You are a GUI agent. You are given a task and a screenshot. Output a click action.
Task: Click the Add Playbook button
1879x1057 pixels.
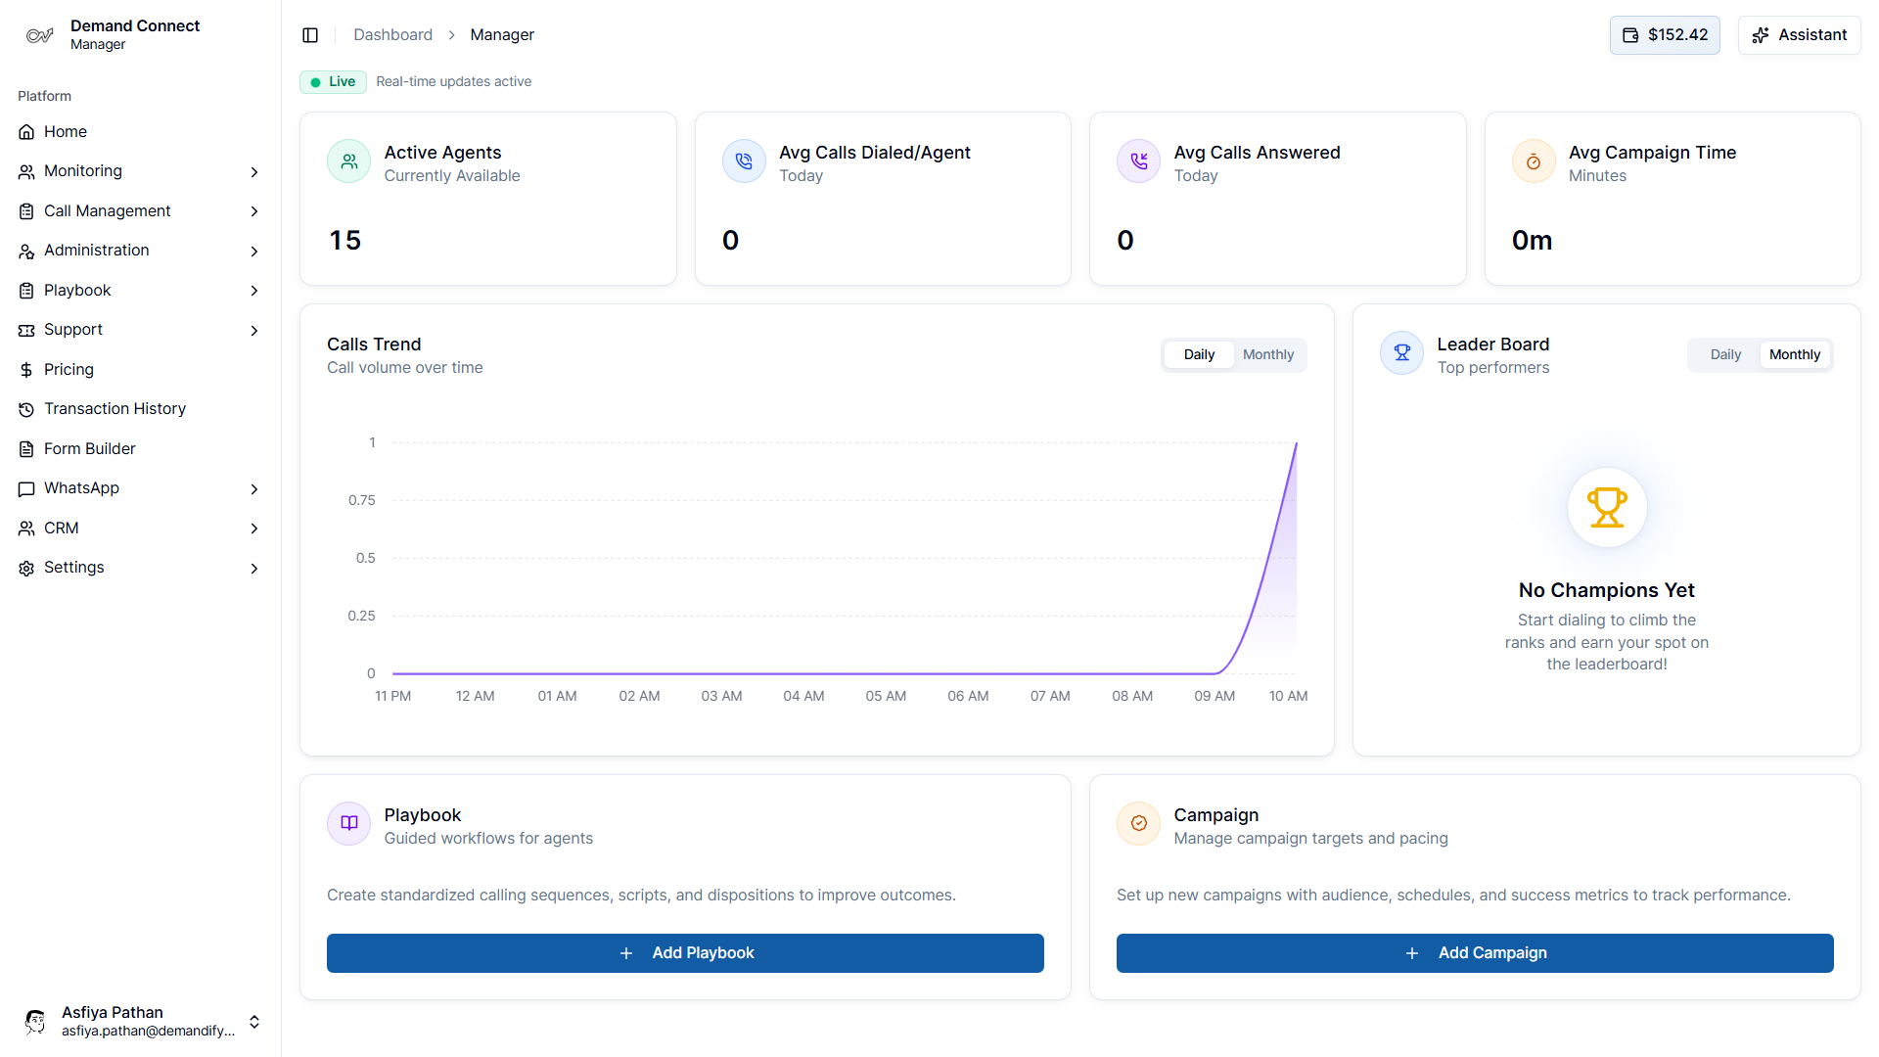685,952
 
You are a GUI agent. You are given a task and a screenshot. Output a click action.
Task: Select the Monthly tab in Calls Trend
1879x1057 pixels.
1267,354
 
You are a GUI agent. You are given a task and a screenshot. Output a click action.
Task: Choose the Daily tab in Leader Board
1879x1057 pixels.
1724,354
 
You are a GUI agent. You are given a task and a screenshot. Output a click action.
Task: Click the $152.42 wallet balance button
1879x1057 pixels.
1664,35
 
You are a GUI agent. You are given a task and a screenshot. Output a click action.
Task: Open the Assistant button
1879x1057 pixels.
1799,35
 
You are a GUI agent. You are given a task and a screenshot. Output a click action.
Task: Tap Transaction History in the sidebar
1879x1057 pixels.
115,408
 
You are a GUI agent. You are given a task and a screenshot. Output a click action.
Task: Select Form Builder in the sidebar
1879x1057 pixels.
89,448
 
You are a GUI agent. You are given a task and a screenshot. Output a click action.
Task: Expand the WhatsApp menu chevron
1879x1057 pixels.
254,488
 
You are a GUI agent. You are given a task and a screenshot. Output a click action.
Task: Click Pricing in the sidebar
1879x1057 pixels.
69,369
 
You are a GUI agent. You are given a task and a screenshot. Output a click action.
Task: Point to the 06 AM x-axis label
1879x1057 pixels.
967,696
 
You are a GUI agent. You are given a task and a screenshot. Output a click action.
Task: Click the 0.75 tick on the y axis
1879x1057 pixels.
361,500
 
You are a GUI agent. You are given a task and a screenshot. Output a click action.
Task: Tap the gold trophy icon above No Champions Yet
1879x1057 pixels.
1606,507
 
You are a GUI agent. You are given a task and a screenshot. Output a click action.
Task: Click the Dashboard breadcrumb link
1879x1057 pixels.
392,35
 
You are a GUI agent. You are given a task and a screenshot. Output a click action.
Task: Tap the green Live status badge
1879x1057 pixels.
333,81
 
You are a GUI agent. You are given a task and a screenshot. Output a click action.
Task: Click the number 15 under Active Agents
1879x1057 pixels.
344,240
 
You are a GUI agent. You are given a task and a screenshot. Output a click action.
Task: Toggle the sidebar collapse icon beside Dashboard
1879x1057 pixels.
310,35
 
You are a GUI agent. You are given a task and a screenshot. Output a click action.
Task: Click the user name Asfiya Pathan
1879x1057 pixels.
113,1012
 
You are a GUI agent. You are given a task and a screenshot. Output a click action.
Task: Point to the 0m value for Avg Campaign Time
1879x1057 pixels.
1532,240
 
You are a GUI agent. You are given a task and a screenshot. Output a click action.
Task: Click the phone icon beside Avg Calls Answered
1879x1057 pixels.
1138,161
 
